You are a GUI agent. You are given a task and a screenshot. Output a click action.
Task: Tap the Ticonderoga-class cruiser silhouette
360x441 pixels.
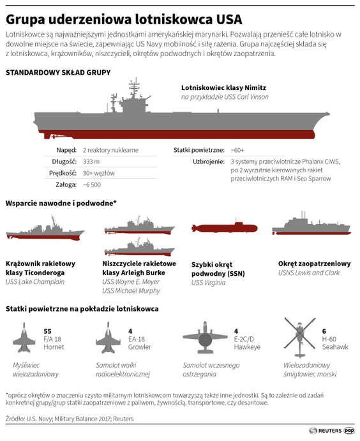(45, 230)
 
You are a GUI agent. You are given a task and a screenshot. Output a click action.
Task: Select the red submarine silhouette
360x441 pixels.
(224, 228)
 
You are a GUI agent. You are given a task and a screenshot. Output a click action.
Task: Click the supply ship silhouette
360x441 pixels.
(311, 225)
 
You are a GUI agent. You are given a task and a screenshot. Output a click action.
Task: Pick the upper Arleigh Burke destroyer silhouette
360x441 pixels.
(140, 227)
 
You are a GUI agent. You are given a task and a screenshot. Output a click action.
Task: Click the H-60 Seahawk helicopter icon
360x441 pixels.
(300, 338)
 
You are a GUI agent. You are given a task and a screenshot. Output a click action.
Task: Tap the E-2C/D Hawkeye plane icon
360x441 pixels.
(205, 337)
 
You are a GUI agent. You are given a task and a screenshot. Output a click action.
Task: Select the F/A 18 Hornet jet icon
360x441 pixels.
(24, 338)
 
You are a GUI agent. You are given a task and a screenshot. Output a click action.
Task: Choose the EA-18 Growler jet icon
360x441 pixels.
(109, 338)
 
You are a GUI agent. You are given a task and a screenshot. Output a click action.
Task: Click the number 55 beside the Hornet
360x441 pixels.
(47, 331)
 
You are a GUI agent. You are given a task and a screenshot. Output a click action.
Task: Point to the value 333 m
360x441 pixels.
(91, 161)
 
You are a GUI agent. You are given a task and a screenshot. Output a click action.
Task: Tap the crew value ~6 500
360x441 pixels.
(92, 185)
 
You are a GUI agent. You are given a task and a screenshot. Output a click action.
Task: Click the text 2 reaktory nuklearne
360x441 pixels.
(110, 150)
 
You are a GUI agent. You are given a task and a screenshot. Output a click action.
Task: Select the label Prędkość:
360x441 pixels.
(63, 173)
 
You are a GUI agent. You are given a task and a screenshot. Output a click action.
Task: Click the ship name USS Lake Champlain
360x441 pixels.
(35, 282)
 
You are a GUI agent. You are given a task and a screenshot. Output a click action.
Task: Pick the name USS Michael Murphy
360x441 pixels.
(131, 291)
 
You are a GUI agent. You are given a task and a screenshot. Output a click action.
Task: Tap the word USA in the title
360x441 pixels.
(229, 20)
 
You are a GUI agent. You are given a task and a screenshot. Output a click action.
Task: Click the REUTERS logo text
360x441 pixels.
(330, 431)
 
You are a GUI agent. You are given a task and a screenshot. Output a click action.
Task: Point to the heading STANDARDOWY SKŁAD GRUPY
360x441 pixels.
(58, 73)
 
